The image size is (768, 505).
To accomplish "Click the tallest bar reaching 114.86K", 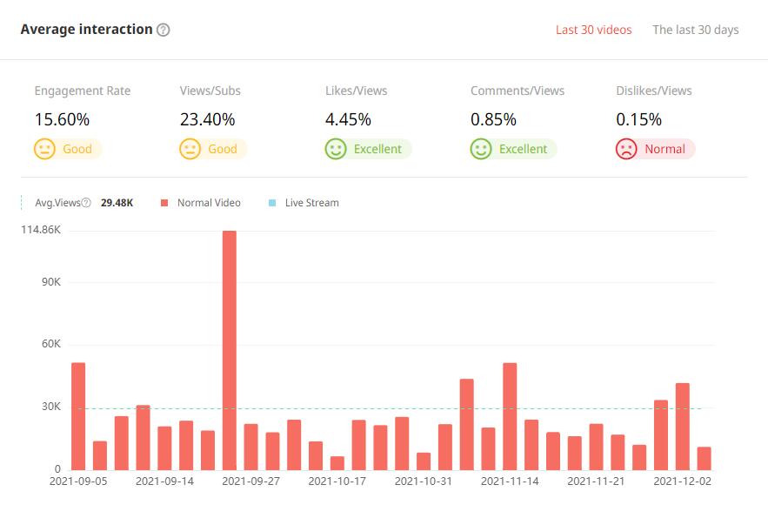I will point(230,348).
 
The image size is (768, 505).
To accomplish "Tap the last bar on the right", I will point(704,458).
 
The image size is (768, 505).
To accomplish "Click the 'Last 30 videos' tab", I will point(593,30).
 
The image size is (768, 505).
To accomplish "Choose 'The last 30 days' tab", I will point(695,30).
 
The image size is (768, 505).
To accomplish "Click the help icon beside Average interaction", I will point(164,30).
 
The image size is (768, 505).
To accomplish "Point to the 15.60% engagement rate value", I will point(62,119).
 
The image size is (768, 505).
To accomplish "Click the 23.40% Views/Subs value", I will point(207,119).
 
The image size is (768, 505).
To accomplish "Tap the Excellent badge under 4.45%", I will point(368,149).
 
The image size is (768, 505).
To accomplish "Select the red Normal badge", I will point(655,149).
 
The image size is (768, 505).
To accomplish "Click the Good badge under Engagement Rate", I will point(68,149).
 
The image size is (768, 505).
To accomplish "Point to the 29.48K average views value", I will point(117,203).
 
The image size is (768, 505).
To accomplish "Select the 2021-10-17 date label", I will point(338,480).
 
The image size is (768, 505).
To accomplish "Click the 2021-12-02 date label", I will point(683,480).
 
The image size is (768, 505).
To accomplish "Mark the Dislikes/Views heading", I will point(653,91).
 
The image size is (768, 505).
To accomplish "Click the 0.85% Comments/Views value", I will point(493,119).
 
